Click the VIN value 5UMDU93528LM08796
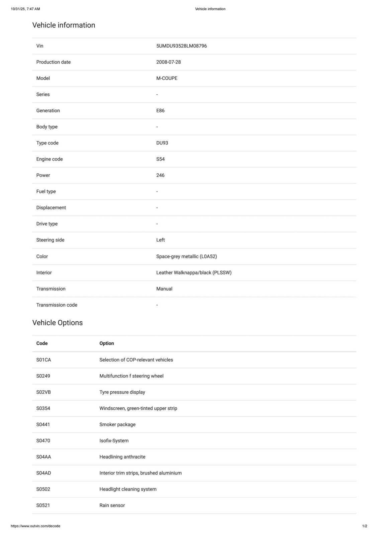181,46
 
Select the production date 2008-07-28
168,62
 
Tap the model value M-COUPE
167,78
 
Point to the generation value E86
160,111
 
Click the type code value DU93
162,143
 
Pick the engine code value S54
160,159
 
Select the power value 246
160,175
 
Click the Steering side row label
50,240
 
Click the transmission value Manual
164,289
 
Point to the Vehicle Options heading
58,323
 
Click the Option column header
107,343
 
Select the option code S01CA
43,360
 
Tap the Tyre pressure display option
122,392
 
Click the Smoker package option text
117,425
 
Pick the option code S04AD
43,473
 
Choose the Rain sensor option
112,506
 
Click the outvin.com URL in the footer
35,526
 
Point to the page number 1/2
365,526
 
